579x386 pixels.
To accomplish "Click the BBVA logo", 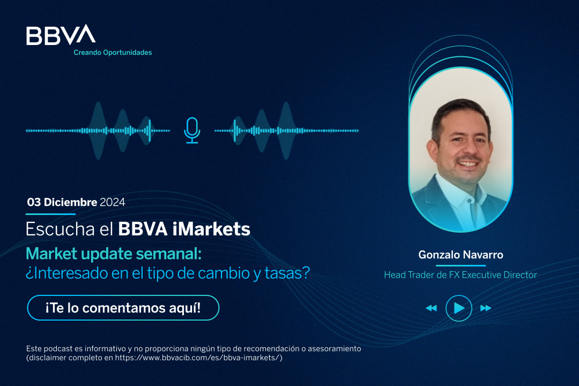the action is (61, 35).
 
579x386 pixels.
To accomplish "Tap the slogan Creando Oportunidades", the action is (113, 53).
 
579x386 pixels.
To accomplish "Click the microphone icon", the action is (192, 130).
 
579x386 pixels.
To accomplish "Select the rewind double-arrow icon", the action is (431, 308).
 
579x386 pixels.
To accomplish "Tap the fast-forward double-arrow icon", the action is (486, 308).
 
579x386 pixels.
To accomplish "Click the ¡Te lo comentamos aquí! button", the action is (123, 308).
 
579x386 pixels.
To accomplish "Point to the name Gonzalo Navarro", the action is (461, 255).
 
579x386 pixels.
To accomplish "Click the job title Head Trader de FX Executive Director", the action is (461, 275).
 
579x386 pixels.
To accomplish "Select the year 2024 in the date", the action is (113, 203).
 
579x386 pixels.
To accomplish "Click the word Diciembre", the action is (71, 203).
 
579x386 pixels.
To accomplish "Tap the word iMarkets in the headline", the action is (211, 229).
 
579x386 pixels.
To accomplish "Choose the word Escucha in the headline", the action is (60, 229).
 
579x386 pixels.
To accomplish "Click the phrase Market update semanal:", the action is (114, 254).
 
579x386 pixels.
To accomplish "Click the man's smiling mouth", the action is (467, 164).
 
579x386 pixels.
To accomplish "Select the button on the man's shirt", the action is (470, 201).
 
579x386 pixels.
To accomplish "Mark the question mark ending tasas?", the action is (306, 273).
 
